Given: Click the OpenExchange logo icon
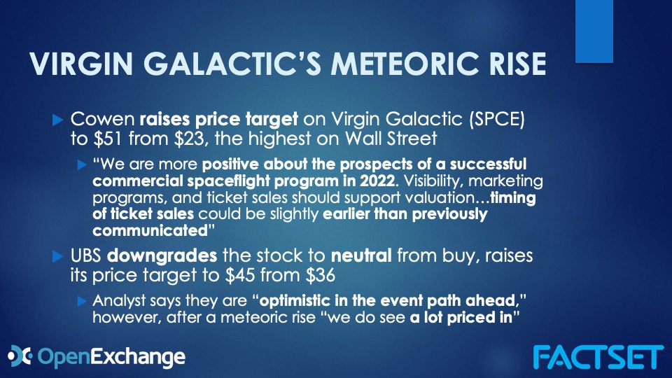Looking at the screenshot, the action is (20, 356).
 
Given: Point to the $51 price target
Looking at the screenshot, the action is (106, 139).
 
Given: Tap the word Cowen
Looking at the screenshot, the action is (102, 119).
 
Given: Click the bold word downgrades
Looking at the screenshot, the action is (162, 256).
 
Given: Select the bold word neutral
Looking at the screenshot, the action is (361, 255).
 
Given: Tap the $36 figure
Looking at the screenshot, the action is (320, 275).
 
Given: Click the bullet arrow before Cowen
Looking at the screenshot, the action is (58, 120).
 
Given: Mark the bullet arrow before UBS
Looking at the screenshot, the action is (58, 256).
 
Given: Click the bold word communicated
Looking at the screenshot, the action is (150, 230).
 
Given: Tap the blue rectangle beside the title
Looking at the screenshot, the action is (594, 31).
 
